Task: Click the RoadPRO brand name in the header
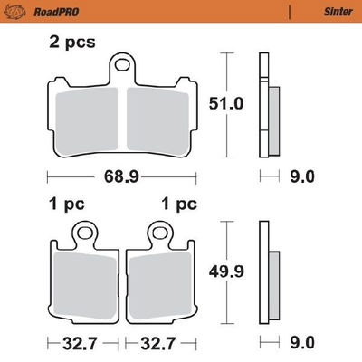point(56,12)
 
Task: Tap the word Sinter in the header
point(338,12)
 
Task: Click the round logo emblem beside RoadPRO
point(14,12)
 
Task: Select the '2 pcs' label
point(72,42)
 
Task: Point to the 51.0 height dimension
point(226,104)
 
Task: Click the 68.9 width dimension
point(121,176)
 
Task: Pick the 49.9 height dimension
point(226,272)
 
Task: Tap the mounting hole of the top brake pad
point(122,65)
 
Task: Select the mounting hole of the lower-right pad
point(159,232)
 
